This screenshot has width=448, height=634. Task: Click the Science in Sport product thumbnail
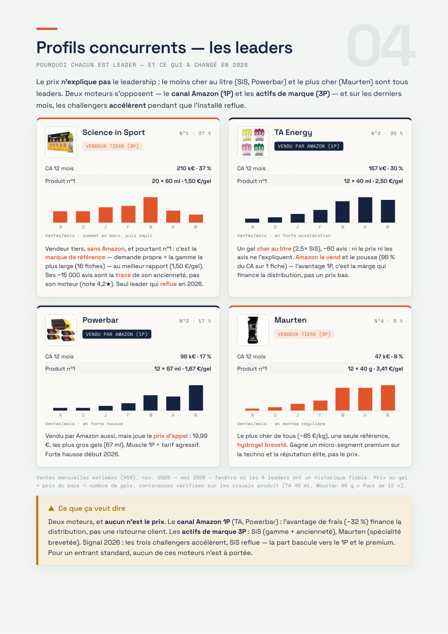61,142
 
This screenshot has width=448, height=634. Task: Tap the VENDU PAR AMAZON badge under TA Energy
309,146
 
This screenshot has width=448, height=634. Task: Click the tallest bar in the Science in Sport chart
151,210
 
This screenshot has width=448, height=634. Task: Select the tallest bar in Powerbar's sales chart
196,398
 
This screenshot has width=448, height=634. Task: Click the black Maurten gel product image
253,330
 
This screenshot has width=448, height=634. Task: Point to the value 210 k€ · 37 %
194,168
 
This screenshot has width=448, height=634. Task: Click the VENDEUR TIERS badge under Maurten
304,334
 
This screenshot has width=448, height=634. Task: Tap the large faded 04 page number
381,45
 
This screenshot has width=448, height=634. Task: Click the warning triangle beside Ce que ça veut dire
51,508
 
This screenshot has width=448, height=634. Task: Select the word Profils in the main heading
61,47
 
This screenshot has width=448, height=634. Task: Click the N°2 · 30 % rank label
387,133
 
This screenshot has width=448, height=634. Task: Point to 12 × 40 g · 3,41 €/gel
375,369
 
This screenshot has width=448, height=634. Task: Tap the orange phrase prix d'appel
170,436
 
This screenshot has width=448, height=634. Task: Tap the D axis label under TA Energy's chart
275,227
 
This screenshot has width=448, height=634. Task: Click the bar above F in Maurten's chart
320,405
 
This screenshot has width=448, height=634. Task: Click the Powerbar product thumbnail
61,330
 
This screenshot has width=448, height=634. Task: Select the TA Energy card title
293,133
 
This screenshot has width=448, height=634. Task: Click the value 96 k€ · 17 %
196,357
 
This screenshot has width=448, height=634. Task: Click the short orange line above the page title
47,29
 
